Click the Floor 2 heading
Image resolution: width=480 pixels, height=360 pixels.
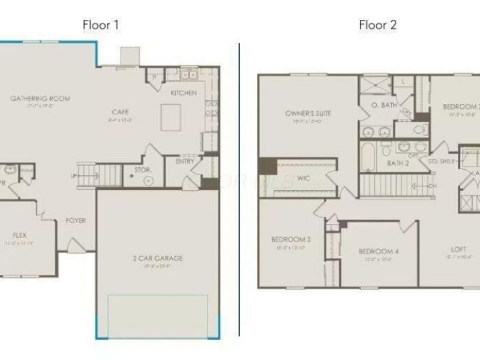coord(377,25)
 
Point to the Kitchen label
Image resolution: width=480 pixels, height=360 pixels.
coord(184,93)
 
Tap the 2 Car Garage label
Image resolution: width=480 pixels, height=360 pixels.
coord(158,259)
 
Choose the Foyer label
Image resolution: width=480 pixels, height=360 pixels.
coord(76,221)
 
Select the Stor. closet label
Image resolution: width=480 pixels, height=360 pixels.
coord(142,170)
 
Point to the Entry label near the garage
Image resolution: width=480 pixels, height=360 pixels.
coord(184,161)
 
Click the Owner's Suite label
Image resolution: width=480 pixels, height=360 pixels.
coord(308,113)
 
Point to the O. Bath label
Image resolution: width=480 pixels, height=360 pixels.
coord(384,106)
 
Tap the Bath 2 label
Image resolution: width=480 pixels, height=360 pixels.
coord(398,163)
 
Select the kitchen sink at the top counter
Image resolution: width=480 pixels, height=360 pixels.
coord(190,75)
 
